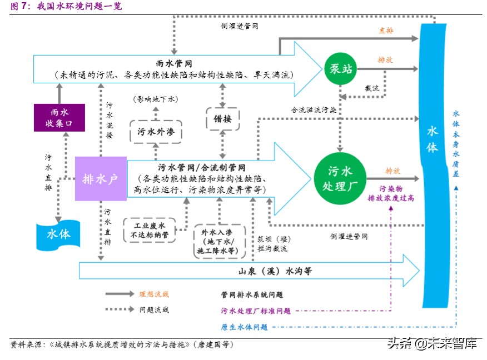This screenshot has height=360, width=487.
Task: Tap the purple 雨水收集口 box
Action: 59,117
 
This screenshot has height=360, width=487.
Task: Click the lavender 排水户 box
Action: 101,179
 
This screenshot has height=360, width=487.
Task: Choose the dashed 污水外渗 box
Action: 156,133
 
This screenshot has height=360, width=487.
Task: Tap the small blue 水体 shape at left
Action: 58,234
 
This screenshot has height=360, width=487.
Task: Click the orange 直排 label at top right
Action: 386,31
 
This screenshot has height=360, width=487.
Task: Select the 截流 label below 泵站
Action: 371,88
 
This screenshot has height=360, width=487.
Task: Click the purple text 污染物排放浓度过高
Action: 391,193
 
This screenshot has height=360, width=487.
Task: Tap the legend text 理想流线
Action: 154,293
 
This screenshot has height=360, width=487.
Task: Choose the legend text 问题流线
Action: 154,310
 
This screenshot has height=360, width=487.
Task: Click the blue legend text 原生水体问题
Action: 245,327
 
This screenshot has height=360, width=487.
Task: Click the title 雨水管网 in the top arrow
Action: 174,63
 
